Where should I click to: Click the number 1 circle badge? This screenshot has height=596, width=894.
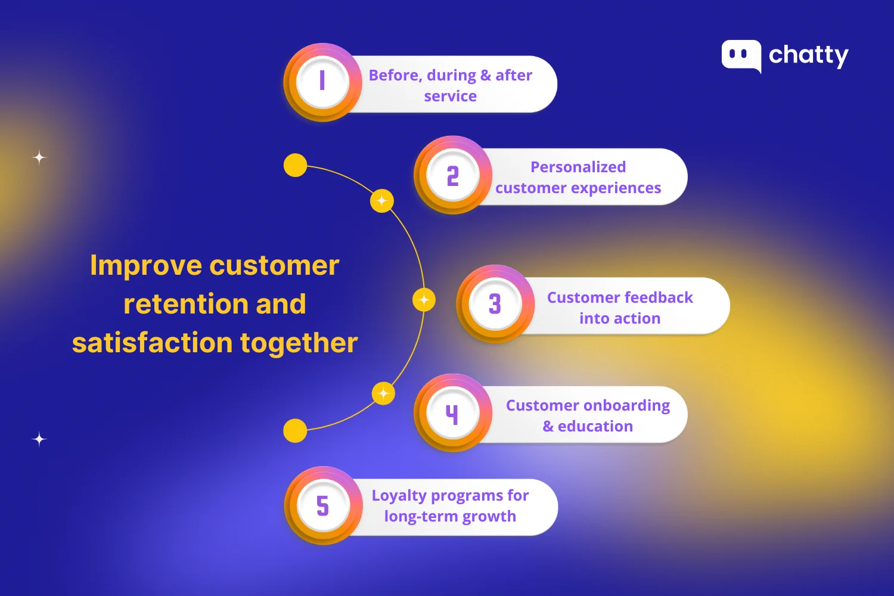[x=322, y=82]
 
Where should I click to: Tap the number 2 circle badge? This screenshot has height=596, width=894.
[x=453, y=175]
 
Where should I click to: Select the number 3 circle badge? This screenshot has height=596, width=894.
[x=495, y=304]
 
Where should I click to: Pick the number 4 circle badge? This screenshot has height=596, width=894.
[x=452, y=413]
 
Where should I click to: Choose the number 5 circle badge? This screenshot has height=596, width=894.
[x=323, y=505]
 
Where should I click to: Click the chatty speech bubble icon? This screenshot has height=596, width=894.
[x=741, y=55]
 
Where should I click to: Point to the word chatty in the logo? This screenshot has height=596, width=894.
[x=808, y=55]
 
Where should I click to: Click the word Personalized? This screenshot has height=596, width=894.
[x=578, y=167]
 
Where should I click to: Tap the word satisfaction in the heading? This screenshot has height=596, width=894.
[x=152, y=343]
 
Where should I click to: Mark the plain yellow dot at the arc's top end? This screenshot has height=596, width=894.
[x=295, y=165]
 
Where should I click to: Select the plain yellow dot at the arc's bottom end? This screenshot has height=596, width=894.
[x=295, y=430]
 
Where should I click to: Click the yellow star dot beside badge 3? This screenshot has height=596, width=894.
[x=424, y=300]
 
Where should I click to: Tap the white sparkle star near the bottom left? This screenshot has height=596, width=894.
[x=39, y=439]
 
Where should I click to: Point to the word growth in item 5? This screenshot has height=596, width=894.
[x=489, y=516]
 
